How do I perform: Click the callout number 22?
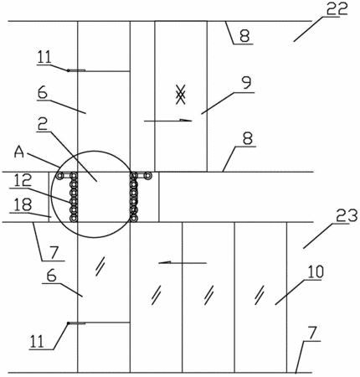337,8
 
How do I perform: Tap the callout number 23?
347,216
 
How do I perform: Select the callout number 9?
246,83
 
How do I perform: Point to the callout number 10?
316,272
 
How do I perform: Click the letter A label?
19,152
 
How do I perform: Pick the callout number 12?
23,180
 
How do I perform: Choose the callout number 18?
23,205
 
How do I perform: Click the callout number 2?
44,125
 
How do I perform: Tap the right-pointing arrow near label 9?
168,121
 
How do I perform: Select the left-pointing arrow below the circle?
183,262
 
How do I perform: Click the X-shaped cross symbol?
181,95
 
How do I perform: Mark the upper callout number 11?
44,57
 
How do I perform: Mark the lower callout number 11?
37,342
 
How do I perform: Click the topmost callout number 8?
244,36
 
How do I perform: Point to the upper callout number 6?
43,93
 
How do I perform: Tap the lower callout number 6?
52,276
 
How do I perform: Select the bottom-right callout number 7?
313,333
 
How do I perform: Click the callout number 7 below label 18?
54,253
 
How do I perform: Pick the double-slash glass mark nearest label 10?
260,295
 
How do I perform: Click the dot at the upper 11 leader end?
68,70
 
